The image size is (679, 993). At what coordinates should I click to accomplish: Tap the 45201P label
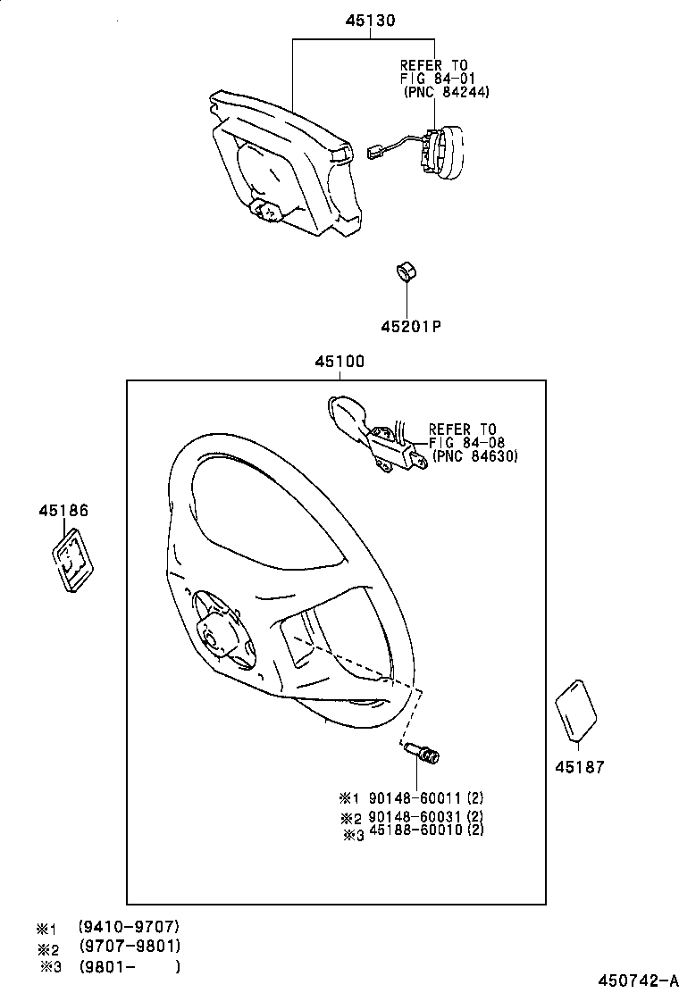tap(411, 326)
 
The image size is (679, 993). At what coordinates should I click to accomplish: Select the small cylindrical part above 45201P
tap(407, 271)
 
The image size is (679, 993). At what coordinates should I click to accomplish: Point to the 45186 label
tap(63, 511)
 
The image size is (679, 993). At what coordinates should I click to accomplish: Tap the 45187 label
tap(579, 766)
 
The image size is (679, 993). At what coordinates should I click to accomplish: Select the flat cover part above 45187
tap(576, 711)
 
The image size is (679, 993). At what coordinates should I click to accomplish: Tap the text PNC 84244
tap(446, 92)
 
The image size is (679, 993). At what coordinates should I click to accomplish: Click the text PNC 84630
tap(475, 455)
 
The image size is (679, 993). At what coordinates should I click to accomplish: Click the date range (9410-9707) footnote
tap(130, 927)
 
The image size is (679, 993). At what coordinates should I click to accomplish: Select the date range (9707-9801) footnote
tap(130, 946)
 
